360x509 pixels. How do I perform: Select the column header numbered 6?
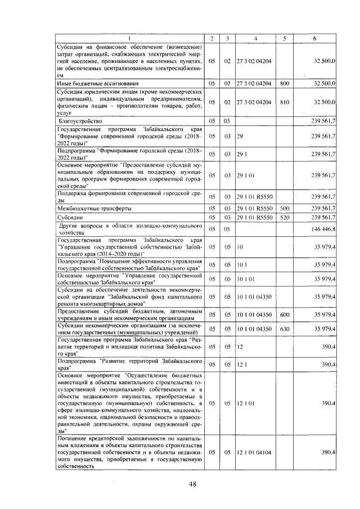(x=314, y=38)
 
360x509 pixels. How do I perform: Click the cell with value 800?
(x=284, y=83)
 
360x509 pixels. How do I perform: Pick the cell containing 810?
(x=284, y=102)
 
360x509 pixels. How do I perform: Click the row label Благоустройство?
(x=80, y=121)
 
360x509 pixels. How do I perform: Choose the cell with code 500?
(x=284, y=208)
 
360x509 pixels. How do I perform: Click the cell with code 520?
(x=284, y=217)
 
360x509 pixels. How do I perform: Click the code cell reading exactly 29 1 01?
(x=246, y=175)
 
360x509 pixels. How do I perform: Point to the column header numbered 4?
(x=255, y=38)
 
